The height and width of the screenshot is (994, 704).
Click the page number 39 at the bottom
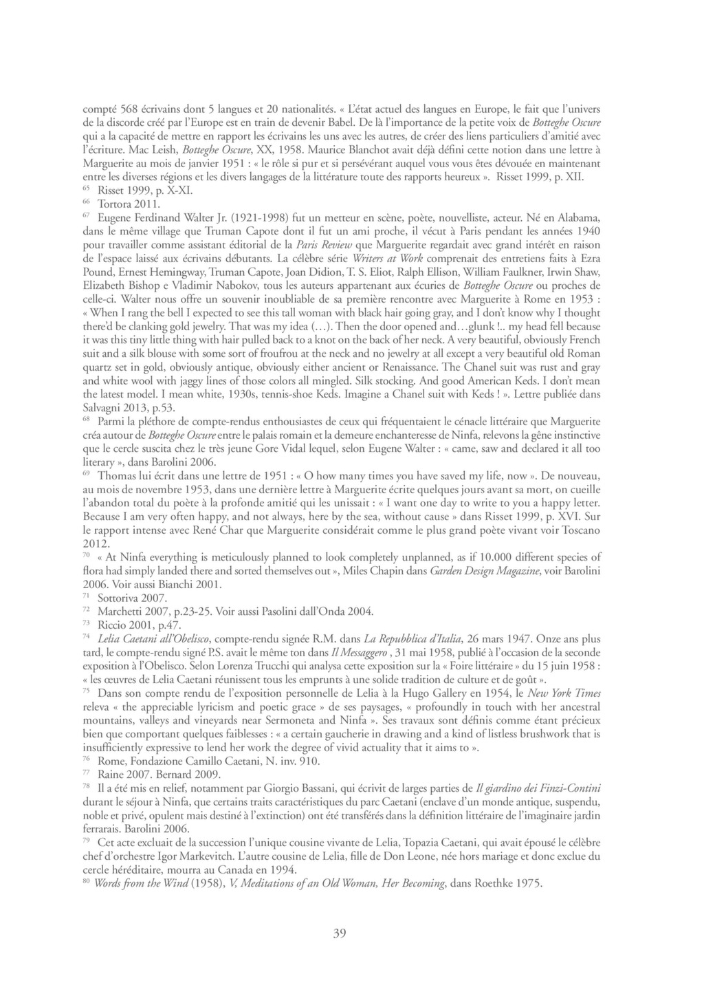[339, 933]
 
